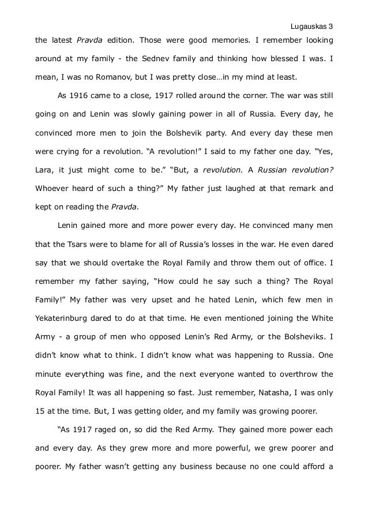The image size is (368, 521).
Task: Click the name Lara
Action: (44, 171)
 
